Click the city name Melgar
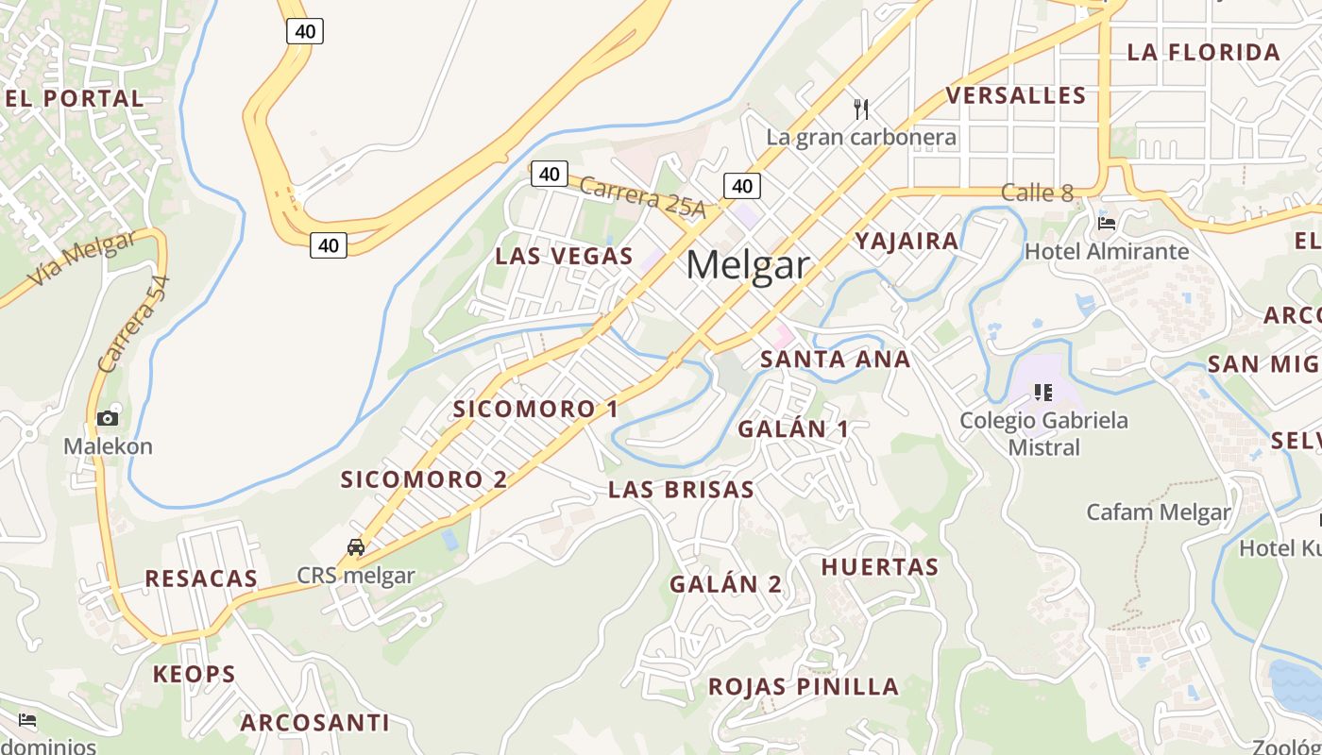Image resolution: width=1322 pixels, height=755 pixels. (x=748, y=265)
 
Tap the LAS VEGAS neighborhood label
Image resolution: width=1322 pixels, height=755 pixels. (x=564, y=256)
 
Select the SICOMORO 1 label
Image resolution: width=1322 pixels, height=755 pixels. (x=535, y=409)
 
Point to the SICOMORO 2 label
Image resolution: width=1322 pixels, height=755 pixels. (x=424, y=479)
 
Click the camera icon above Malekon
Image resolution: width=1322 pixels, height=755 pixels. (x=108, y=418)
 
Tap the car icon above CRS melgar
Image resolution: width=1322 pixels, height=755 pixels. (x=356, y=546)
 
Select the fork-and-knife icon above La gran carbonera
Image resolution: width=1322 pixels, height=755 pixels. (x=860, y=109)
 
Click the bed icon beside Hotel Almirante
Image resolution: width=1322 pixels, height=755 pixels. (x=1107, y=224)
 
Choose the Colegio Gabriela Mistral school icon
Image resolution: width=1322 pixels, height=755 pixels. (x=1043, y=392)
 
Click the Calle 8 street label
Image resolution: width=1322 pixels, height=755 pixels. (x=1037, y=193)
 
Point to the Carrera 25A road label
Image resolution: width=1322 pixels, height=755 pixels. (x=642, y=197)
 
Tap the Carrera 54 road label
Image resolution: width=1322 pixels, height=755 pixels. (x=133, y=324)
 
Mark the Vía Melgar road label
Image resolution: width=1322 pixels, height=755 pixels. (x=82, y=258)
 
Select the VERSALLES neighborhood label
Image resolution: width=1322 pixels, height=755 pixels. (x=1016, y=95)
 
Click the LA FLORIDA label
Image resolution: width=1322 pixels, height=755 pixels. (x=1203, y=52)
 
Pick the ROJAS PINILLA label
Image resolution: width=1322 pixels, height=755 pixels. (x=804, y=686)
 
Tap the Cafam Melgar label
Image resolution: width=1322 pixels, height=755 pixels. (x=1159, y=512)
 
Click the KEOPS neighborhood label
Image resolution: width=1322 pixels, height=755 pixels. (x=195, y=674)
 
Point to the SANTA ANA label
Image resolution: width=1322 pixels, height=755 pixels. (x=835, y=360)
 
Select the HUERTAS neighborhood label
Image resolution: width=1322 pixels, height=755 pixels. (x=880, y=567)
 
